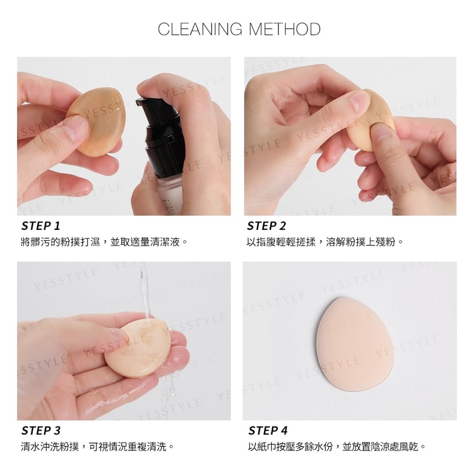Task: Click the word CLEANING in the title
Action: pos(200,29)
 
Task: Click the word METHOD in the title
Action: pos(284,29)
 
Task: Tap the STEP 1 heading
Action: pos(41,226)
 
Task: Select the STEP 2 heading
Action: pos(266,226)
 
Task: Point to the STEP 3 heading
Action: pos(41,430)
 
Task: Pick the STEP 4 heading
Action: pos(268,430)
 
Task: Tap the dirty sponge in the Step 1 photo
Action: pos(98,121)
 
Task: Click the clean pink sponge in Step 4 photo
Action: pos(355,344)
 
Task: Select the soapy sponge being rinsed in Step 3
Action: pos(138,348)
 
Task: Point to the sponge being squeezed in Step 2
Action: pos(370,121)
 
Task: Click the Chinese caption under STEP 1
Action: pos(105,242)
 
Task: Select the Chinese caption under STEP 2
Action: pos(325,242)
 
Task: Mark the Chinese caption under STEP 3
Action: pos(98,446)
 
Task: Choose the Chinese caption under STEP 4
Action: pos(337,446)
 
